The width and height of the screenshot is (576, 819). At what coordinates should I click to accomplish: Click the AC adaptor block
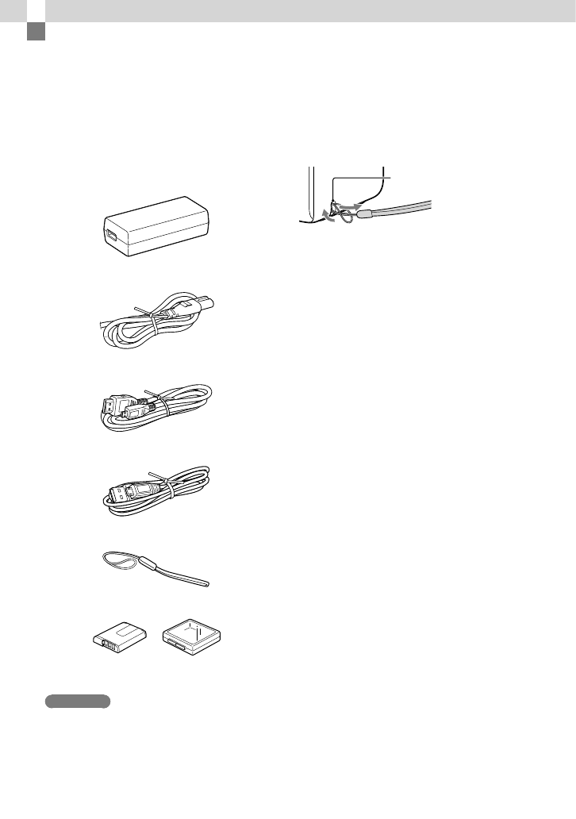point(155,227)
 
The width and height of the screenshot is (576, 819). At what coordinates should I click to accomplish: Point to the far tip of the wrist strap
point(208,584)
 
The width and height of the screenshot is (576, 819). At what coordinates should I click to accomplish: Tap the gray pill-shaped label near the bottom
point(78,701)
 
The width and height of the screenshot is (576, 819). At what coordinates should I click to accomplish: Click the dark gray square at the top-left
point(35,32)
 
